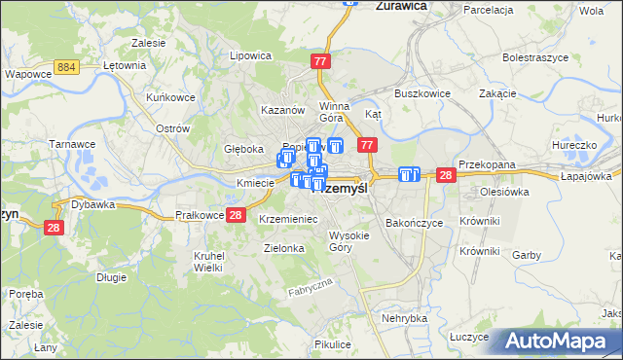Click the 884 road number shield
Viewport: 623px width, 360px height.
click(x=67, y=66)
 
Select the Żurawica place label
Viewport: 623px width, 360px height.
click(x=402, y=5)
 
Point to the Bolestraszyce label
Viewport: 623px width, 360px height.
click(x=534, y=57)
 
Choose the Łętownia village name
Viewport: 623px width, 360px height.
click(x=125, y=66)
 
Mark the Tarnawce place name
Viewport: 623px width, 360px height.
click(x=72, y=144)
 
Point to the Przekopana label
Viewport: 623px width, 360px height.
click(x=487, y=165)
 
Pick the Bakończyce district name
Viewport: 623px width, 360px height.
click(x=414, y=223)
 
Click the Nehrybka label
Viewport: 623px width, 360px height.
click(x=405, y=318)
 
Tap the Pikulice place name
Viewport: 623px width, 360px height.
click(x=333, y=344)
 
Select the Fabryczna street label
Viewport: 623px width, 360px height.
click(x=311, y=287)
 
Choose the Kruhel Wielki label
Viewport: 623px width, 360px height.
click(x=209, y=262)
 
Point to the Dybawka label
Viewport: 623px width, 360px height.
click(x=93, y=205)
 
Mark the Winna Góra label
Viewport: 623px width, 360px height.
click(x=334, y=113)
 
